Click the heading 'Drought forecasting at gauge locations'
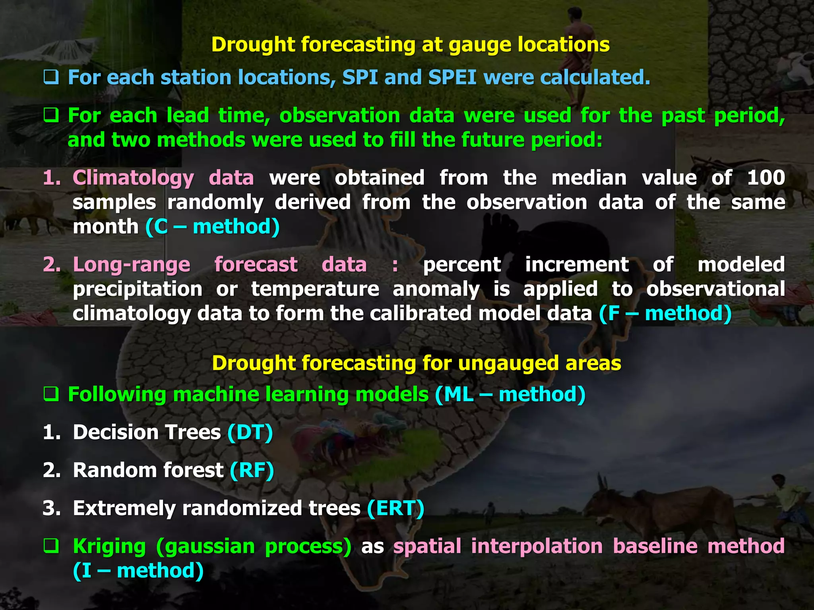pos(410,44)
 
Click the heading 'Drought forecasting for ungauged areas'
pos(416,363)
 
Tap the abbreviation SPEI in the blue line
pos(452,77)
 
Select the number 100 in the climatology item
pos(766,178)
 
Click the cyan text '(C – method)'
pos(213,227)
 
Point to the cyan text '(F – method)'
pos(665,313)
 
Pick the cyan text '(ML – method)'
pos(510,395)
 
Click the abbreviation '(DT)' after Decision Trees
pos(250,432)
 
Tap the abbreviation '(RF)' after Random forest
pos(252,470)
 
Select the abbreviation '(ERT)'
pos(395,508)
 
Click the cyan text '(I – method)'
pos(138,571)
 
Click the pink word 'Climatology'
pos(133,178)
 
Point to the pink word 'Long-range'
pos(132,265)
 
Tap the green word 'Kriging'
pos(109,546)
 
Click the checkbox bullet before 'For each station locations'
pos(51,77)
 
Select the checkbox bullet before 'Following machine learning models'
pos(51,395)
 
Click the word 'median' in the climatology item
pos(589,178)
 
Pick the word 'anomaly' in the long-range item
pos(436,289)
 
